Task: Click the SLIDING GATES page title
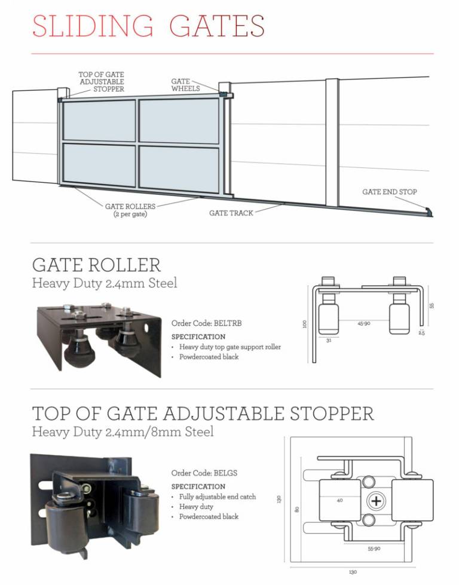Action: click(x=148, y=26)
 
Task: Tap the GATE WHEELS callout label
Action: click(x=181, y=85)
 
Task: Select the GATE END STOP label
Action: click(x=389, y=192)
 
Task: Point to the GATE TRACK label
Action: click(x=231, y=213)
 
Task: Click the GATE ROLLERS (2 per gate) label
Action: click(x=130, y=210)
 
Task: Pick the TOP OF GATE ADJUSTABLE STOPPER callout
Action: click(x=101, y=82)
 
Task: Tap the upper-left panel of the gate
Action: click(x=99, y=121)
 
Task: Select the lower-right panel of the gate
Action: click(x=179, y=169)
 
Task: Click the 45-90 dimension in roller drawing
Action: click(x=364, y=323)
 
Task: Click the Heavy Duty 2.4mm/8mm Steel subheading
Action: click(x=123, y=431)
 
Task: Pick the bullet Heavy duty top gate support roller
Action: click(x=229, y=347)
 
